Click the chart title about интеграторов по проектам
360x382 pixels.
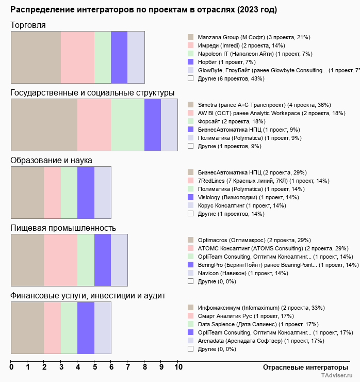pyautogui.click(x=143, y=10)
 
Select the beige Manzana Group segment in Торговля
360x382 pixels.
pyautogui.click(x=36, y=57)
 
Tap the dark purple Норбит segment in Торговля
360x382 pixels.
pyautogui.click(x=119, y=57)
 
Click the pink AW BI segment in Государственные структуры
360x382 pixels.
pyautogui.click(x=94, y=125)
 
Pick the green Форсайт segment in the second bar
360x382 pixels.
pyautogui.click(x=128, y=125)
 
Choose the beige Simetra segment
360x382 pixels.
pyautogui.click(x=44, y=125)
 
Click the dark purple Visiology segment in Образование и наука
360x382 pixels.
pyautogui.click(x=86, y=193)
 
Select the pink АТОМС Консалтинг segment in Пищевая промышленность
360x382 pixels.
pyautogui.click(x=61, y=260)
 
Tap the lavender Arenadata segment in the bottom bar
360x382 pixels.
pyautogui.click(x=103, y=328)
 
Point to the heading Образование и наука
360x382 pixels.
pyautogui.click(x=51, y=161)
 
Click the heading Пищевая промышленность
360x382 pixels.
pyautogui.click(x=63, y=228)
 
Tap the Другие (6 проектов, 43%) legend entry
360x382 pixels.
pyautogui.click(x=231, y=78)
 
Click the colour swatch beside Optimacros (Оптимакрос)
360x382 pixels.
pyautogui.click(x=191, y=240)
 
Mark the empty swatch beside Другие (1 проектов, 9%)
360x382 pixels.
pyautogui.click(x=191, y=146)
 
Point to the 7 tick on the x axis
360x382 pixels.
pyautogui.click(x=128, y=367)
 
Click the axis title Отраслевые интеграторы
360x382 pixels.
pyautogui.click(x=305, y=368)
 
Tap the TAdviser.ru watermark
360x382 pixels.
pyautogui.click(x=337, y=375)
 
